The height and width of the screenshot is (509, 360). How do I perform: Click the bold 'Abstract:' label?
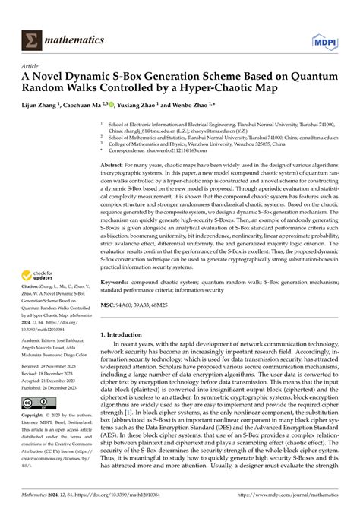(x=115, y=163)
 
